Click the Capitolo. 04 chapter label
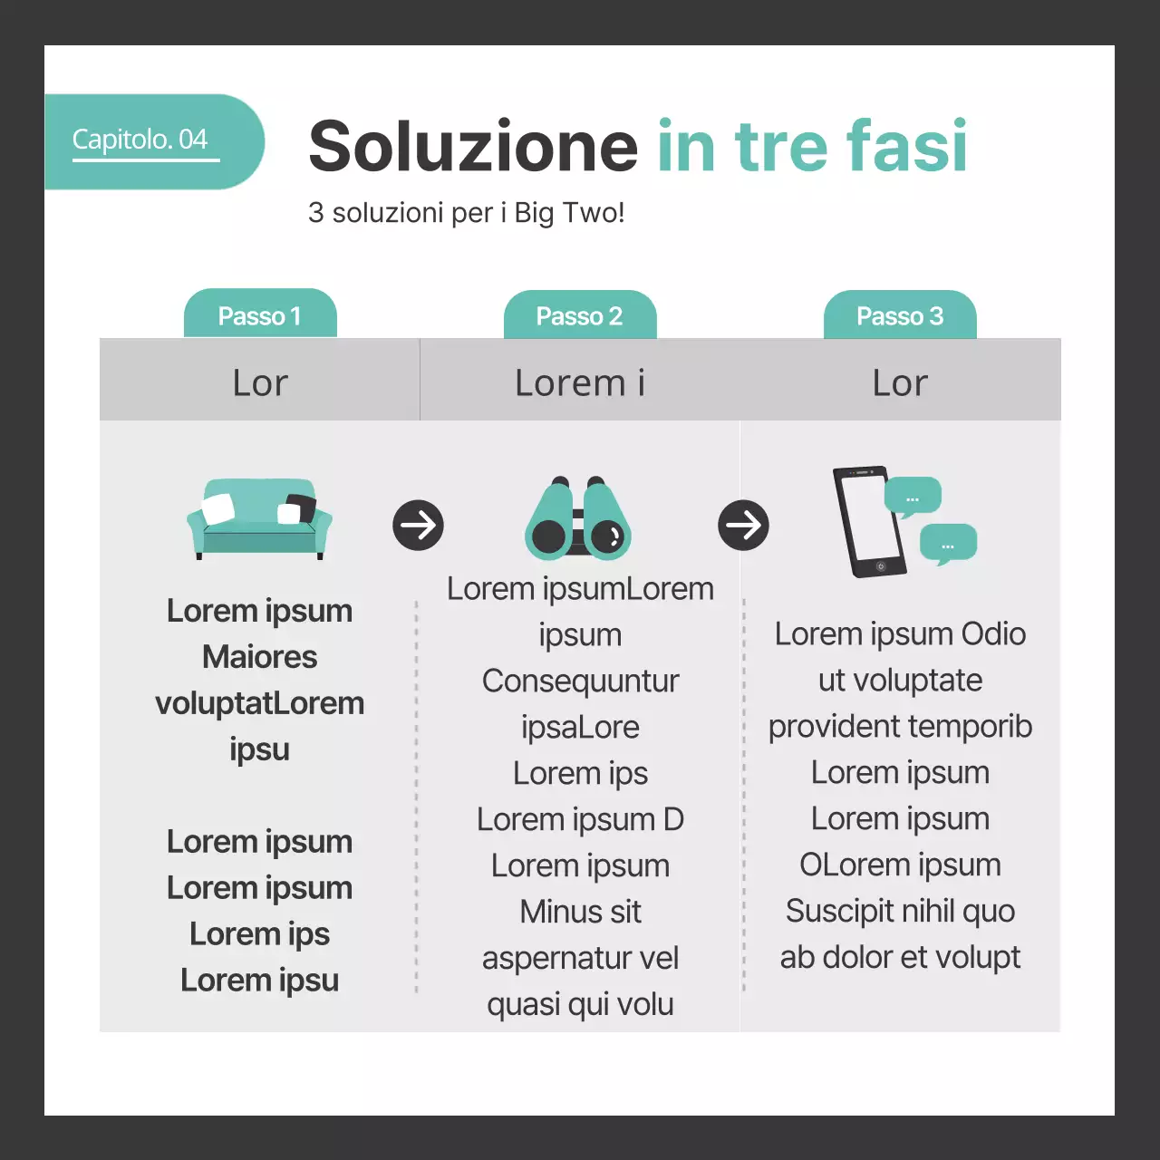point(140,140)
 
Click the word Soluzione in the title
point(473,146)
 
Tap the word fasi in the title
point(906,146)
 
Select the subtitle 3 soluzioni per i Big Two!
point(466,213)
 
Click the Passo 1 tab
point(260,315)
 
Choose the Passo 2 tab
point(580,316)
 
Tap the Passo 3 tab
point(900,316)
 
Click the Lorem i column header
point(580,382)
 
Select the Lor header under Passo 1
point(260,382)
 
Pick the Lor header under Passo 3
point(900,382)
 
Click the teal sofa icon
point(259,518)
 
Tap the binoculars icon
point(578,518)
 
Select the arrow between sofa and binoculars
point(418,525)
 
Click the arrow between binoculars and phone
point(743,525)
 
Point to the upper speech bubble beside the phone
point(912,497)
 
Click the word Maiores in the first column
point(260,657)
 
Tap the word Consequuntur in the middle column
point(580,681)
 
